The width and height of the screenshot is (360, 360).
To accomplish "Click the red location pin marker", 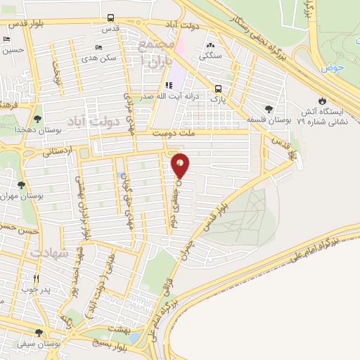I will click(x=181, y=166).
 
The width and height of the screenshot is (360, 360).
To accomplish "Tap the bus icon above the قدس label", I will click(x=110, y=18).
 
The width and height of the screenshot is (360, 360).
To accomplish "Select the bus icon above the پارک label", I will click(x=219, y=89).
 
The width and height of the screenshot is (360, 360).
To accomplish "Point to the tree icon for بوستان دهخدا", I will click(x=37, y=120).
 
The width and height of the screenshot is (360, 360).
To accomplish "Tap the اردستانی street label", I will click(x=57, y=151).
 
